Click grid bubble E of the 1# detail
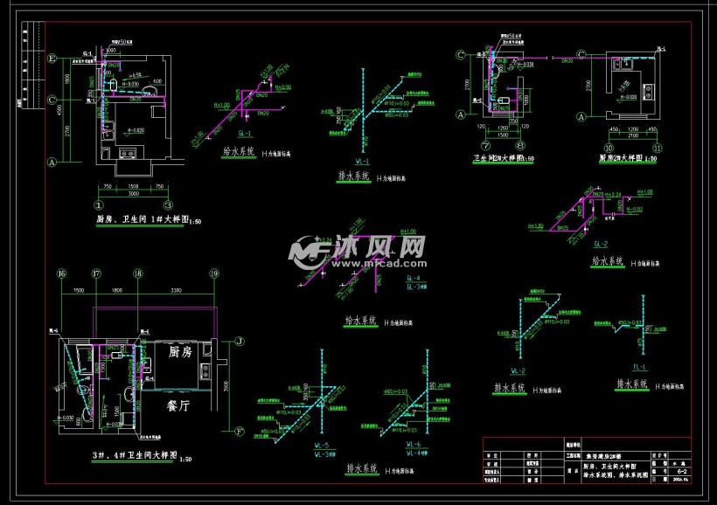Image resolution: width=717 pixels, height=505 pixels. click(53, 59)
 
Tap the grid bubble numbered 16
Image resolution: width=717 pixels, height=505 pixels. click(61, 273)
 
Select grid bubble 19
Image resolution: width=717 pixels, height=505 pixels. click(213, 273)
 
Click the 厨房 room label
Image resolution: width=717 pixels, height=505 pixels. click(179, 352)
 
